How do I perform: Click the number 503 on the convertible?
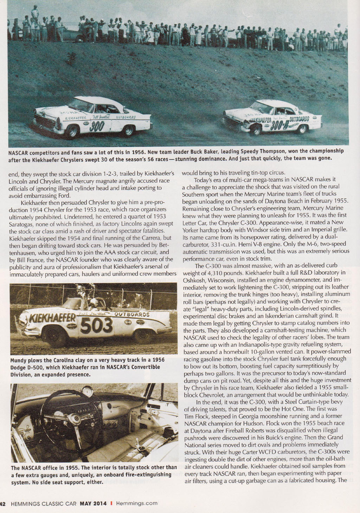point(97,325)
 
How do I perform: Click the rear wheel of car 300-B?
point(302,129)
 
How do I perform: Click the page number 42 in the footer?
point(2,503)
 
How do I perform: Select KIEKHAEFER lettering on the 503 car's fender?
point(53,318)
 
